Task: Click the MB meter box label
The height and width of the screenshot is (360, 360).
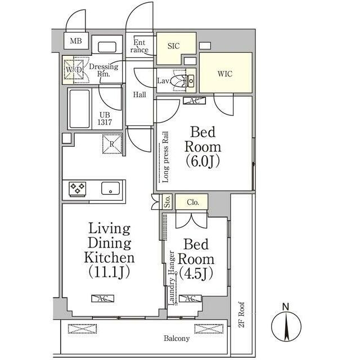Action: point(76,41)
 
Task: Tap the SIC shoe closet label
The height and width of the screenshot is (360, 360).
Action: point(174,46)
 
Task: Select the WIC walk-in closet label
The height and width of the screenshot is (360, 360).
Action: point(225,74)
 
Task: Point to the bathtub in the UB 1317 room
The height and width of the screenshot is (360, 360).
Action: point(79,109)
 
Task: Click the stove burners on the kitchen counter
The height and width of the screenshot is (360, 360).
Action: point(78,189)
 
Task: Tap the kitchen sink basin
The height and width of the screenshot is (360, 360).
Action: point(110,188)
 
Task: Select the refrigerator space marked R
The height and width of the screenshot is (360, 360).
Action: point(112,144)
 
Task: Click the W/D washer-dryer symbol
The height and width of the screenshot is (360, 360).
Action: point(74,70)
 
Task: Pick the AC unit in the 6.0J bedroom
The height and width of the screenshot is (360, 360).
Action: point(194,101)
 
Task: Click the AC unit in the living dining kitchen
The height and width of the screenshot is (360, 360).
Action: point(102,299)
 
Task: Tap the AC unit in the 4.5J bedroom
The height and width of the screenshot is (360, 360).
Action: point(190,299)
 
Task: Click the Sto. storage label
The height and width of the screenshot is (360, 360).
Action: point(168,202)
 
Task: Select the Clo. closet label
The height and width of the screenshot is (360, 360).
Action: point(193,202)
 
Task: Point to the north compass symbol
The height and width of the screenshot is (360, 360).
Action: point(286,324)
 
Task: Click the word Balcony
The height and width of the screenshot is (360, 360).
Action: point(177,339)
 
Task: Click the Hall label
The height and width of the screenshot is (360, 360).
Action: point(139,94)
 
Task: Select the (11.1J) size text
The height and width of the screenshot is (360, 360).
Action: point(110,272)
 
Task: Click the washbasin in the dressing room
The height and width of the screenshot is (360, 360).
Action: point(107,47)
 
